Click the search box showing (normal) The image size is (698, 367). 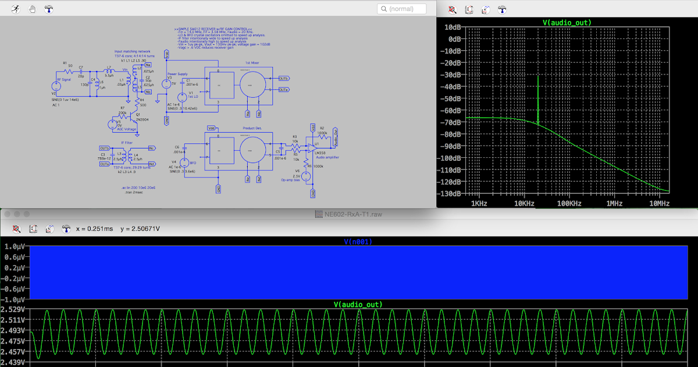coord(401,9)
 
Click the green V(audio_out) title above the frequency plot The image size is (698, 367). coord(567,23)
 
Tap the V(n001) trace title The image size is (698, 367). coord(358,241)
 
